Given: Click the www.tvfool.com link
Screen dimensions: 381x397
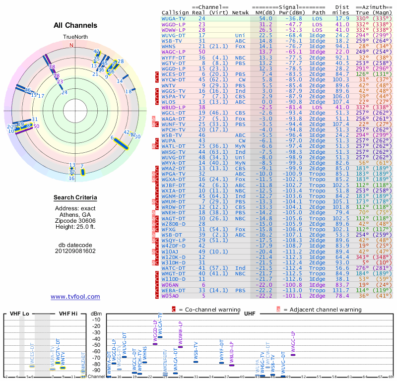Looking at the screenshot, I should coord(75,297).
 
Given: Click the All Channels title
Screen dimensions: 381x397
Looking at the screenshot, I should coord(75,25).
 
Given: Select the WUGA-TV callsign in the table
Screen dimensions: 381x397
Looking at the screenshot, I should coord(174,18).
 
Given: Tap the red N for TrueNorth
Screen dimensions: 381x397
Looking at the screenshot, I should coord(71,45).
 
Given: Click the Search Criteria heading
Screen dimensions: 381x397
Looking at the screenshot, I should coord(75,198).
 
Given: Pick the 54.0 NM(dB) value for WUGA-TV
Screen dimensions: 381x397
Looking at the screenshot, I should coord(262,18).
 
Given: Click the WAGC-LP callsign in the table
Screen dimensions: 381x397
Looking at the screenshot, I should coord(174,52).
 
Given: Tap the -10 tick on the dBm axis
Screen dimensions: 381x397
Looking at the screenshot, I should coord(96,319).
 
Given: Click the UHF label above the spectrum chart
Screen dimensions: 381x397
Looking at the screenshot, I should coord(249,314).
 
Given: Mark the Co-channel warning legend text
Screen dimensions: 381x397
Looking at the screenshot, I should coord(216,310).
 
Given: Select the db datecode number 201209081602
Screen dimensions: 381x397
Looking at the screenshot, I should coord(75,251).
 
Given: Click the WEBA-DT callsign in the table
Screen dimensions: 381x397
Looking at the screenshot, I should coord(174,290).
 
